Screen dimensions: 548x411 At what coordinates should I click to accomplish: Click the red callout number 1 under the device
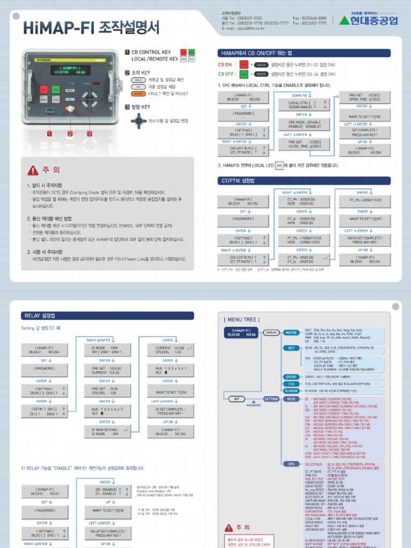(x=49, y=133)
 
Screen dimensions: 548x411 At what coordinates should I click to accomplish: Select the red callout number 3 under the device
(x=89, y=133)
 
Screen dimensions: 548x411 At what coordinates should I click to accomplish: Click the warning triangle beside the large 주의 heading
(x=33, y=170)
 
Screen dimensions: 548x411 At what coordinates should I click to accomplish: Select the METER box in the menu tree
(x=291, y=332)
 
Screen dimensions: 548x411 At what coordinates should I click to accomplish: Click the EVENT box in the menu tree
(x=291, y=377)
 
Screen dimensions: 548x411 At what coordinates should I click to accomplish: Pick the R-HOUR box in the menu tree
(x=291, y=391)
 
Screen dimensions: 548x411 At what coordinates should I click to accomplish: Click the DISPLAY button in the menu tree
(x=271, y=332)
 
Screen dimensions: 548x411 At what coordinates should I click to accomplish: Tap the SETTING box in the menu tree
(x=271, y=399)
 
